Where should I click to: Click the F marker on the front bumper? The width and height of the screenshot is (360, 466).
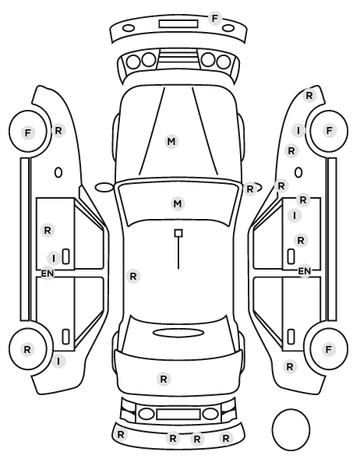click(214, 19)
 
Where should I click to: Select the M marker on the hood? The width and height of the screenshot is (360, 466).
click(171, 142)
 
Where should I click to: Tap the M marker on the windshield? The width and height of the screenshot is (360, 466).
click(178, 204)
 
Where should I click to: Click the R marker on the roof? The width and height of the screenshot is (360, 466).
click(133, 277)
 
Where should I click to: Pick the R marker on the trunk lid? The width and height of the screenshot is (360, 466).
click(164, 380)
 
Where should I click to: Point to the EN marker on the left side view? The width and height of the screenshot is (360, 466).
click(48, 273)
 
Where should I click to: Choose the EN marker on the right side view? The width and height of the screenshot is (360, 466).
click(304, 271)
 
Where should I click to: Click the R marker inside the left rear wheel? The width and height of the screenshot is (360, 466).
click(27, 349)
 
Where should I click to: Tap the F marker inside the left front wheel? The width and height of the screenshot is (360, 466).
click(28, 132)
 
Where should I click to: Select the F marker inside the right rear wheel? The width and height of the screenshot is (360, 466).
click(329, 349)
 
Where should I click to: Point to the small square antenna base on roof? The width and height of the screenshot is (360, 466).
click(178, 233)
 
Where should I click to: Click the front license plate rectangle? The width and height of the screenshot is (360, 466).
click(178, 24)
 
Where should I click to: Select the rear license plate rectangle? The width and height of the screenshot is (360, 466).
click(178, 415)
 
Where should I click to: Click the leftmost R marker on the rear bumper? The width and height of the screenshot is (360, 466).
click(121, 435)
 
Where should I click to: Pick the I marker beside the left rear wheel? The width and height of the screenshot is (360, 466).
click(58, 362)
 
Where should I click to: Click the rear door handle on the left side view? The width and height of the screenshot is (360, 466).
click(65, 337)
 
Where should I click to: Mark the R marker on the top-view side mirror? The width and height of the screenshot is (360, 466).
click(250, 189)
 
